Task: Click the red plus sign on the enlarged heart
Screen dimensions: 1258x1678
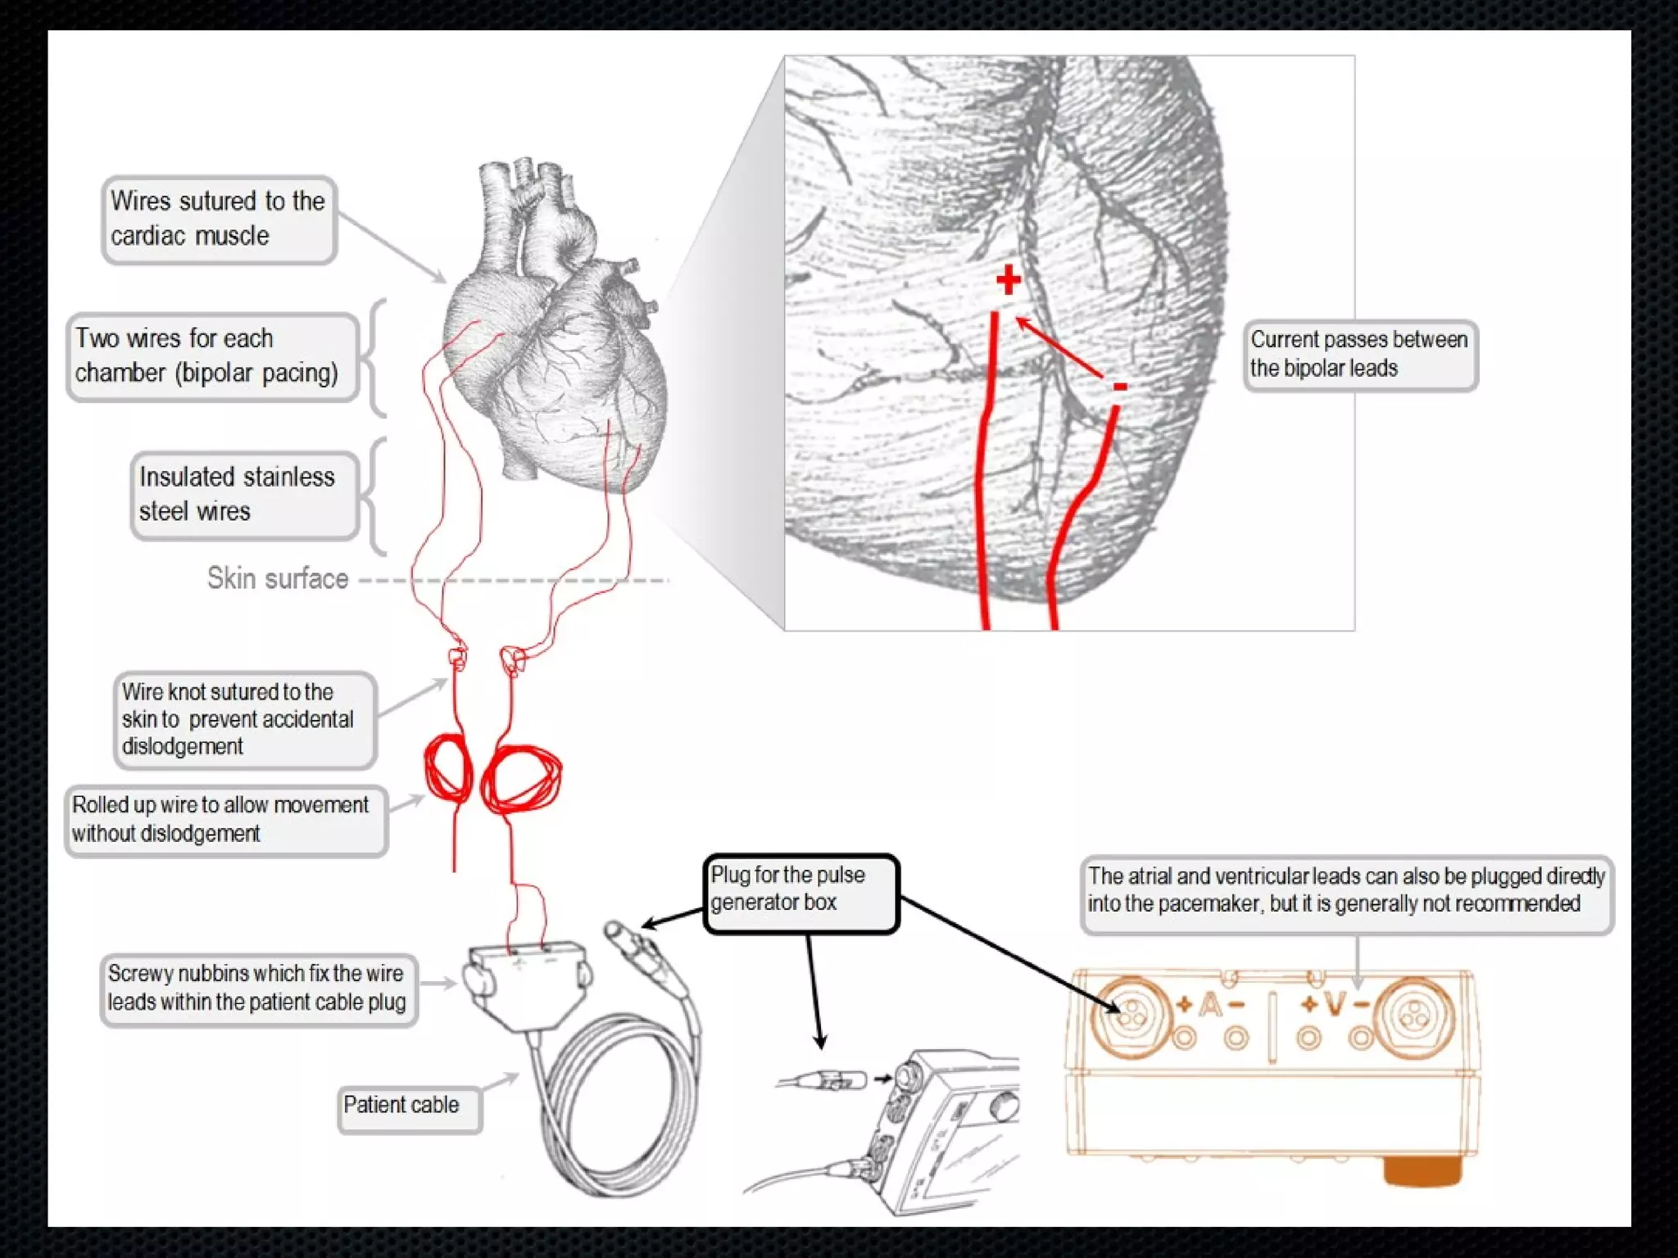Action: click(1009, 280)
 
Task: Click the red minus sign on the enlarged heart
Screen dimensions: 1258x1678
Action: click(1119, 387)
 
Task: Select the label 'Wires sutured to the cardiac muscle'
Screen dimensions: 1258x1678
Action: click(219, 219)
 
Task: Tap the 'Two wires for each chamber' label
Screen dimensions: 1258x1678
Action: click(212, 356)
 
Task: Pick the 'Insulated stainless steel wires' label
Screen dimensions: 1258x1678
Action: click(244, 495)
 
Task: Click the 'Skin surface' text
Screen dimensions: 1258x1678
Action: click(278, 578)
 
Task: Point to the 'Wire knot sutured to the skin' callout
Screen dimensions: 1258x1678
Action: click(244, 719)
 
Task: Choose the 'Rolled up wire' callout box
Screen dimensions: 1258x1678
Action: click(225, 819)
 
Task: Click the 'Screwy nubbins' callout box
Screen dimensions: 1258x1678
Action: click(258, 989)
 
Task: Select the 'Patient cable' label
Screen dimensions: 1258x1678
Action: click(409, 1106)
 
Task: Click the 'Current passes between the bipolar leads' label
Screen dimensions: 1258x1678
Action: click(1360, 355)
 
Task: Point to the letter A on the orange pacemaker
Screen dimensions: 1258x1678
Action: click(1210, 1005)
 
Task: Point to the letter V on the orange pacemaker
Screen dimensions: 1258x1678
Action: click(1335, 1005)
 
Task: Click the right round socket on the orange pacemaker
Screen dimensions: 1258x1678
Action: click(1413, 1016)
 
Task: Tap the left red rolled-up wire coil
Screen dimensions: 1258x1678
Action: click(448, 770)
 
